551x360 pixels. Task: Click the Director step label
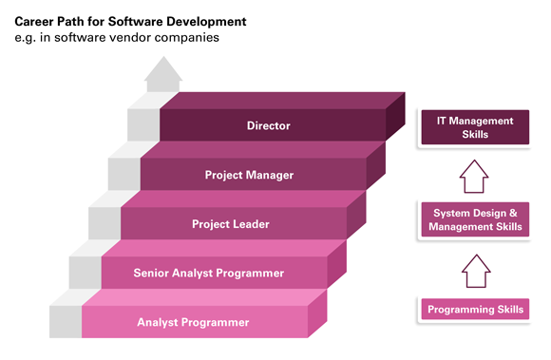tap(268, 124)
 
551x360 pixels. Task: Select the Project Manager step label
tap(249, 175)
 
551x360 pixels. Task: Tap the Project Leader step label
tap(230, 224)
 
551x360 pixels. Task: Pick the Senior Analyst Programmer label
tap(208, 274)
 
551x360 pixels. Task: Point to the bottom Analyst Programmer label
tap(193, 322)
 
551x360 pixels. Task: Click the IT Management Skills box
tap(475, 128)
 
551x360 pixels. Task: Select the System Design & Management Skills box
tap(475, 220)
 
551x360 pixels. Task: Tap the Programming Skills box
tap(475, 310)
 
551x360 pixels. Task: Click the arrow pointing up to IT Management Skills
tap(474, 176)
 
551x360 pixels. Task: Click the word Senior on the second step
tap(153, 274)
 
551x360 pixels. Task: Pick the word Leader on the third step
tap(250, 224)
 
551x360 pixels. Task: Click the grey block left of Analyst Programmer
tap(66, 321)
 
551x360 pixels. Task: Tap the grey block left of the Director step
tap(142, 123)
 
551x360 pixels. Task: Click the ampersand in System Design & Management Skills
tap(514, 214)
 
